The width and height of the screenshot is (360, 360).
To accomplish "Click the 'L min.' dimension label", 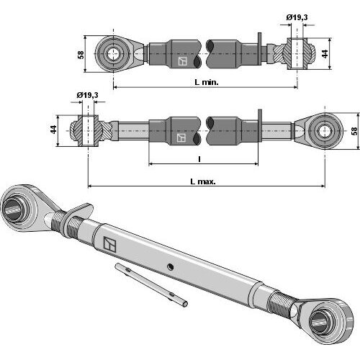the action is click(x=207, y=83).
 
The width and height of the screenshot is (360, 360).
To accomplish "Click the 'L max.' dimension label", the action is click(x=203, y=181).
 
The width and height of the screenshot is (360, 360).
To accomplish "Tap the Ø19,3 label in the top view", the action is click(x=297, y=17).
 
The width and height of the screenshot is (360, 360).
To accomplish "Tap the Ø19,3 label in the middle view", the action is click(x=87, y=95).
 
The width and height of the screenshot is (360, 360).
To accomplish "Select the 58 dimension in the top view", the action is click(x=81, y=55).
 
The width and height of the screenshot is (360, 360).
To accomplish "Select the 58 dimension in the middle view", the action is click(x=354, y=131).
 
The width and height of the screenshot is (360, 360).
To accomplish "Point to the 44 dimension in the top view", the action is click(x=325, y=54).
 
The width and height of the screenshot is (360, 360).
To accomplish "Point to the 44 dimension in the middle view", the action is click(x=53, y=130).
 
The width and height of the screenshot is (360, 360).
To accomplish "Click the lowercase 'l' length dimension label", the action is click(x=199, y=158).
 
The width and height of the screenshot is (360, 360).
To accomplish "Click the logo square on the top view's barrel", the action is click(x=182, y=61).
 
